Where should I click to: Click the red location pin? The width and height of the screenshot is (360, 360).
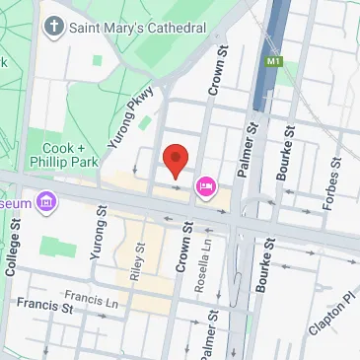(x=175, y=159)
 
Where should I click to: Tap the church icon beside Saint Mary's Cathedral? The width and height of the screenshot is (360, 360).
(x=52, y=27)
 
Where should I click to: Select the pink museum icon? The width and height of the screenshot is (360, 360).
(x=44, y=203)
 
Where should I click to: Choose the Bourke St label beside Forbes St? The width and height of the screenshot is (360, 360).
(x=287, y=159)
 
